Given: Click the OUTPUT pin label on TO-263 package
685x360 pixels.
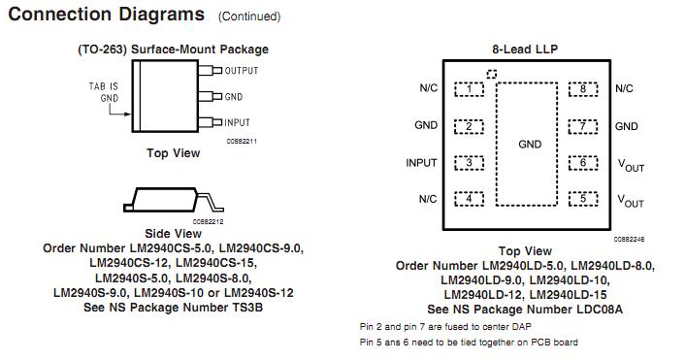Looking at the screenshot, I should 242,71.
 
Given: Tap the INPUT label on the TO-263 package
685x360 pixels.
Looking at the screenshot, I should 238,123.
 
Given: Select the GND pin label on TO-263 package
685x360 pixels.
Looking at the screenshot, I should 234,97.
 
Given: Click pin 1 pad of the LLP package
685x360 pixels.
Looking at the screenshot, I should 470,89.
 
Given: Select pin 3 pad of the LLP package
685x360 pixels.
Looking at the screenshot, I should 470,162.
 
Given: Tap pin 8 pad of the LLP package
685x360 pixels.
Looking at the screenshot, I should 582,89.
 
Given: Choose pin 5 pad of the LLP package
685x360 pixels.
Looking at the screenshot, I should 582,199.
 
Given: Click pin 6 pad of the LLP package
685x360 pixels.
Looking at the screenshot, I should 582,162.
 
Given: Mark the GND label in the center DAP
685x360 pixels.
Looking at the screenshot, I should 530,145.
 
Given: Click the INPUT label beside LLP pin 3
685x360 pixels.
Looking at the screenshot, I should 421,163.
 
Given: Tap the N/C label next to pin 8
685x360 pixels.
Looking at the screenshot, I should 624,89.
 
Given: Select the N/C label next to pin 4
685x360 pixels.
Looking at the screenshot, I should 428,199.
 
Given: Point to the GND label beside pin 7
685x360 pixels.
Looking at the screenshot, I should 627,126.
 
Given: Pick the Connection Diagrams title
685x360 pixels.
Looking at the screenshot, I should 108,15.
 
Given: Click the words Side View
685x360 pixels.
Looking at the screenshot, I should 173,234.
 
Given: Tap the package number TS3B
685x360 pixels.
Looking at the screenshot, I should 246,308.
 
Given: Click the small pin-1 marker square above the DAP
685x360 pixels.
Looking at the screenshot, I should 491,74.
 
